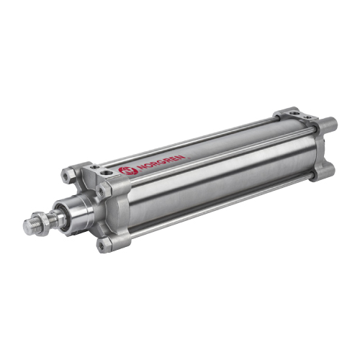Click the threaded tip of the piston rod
[30, 227]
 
